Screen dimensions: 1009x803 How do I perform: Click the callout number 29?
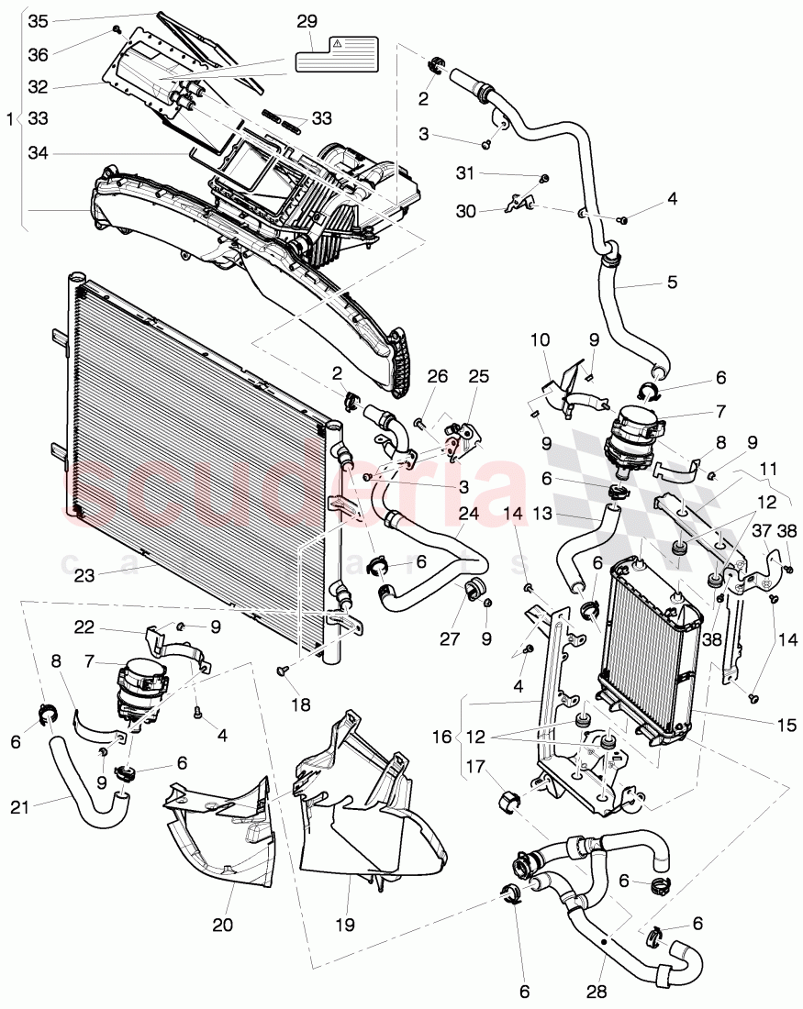307,20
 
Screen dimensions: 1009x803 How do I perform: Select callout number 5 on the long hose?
672,283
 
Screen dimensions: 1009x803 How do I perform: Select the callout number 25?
478,378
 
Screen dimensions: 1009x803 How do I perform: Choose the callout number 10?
541,341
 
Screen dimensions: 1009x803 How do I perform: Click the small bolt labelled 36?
117,30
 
